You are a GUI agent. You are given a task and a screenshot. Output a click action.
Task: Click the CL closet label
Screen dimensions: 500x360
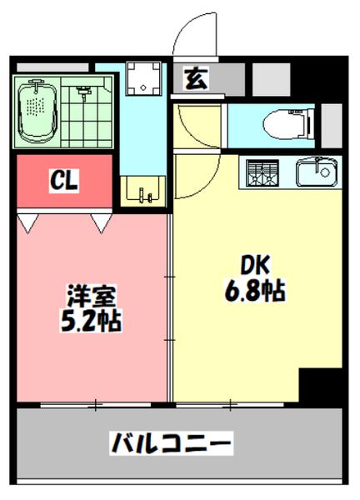63,179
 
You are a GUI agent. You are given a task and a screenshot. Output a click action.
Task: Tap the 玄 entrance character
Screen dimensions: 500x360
196,79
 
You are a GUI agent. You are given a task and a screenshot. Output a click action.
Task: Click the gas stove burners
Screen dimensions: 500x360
263,173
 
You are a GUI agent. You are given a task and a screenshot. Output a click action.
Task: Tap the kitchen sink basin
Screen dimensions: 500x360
317,173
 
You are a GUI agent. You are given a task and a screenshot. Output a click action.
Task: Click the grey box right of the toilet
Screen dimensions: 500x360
332,124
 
